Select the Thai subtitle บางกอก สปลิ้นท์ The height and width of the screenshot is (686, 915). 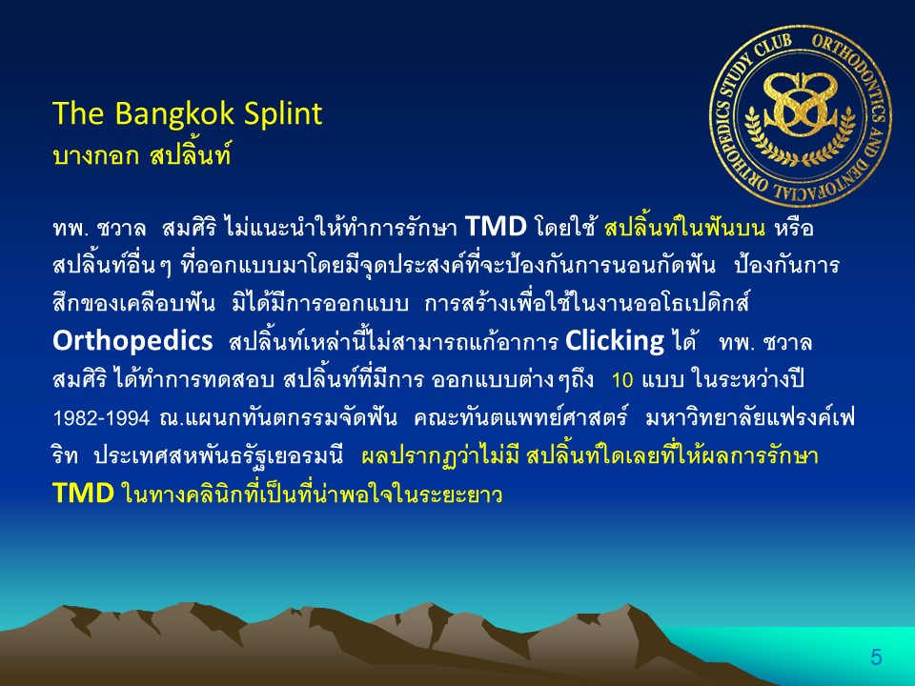pyautogui.click(x=142, y=154)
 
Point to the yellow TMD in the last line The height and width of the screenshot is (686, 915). pyautogui.click(x=83, y=493)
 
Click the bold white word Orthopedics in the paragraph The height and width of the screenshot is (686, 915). pyautogui.click(x=132, y=341)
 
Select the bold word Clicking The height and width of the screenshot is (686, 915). pyautogui.click(x=615, y=341)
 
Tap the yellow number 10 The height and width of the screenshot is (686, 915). pyautogui.click(x=622, y=380)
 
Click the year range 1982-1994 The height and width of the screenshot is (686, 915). pyautogui.click(x=101, y=418)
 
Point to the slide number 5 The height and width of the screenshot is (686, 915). pyautogui.click(x=876, y=656)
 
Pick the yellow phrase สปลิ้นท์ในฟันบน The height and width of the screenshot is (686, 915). pyautogui.click(x=684, y=227)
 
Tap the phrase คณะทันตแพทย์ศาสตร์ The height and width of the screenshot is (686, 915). pyautogui.click(x=520, y=417)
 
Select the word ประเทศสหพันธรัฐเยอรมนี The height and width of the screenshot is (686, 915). pyautogui.click(x=218, y=456)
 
